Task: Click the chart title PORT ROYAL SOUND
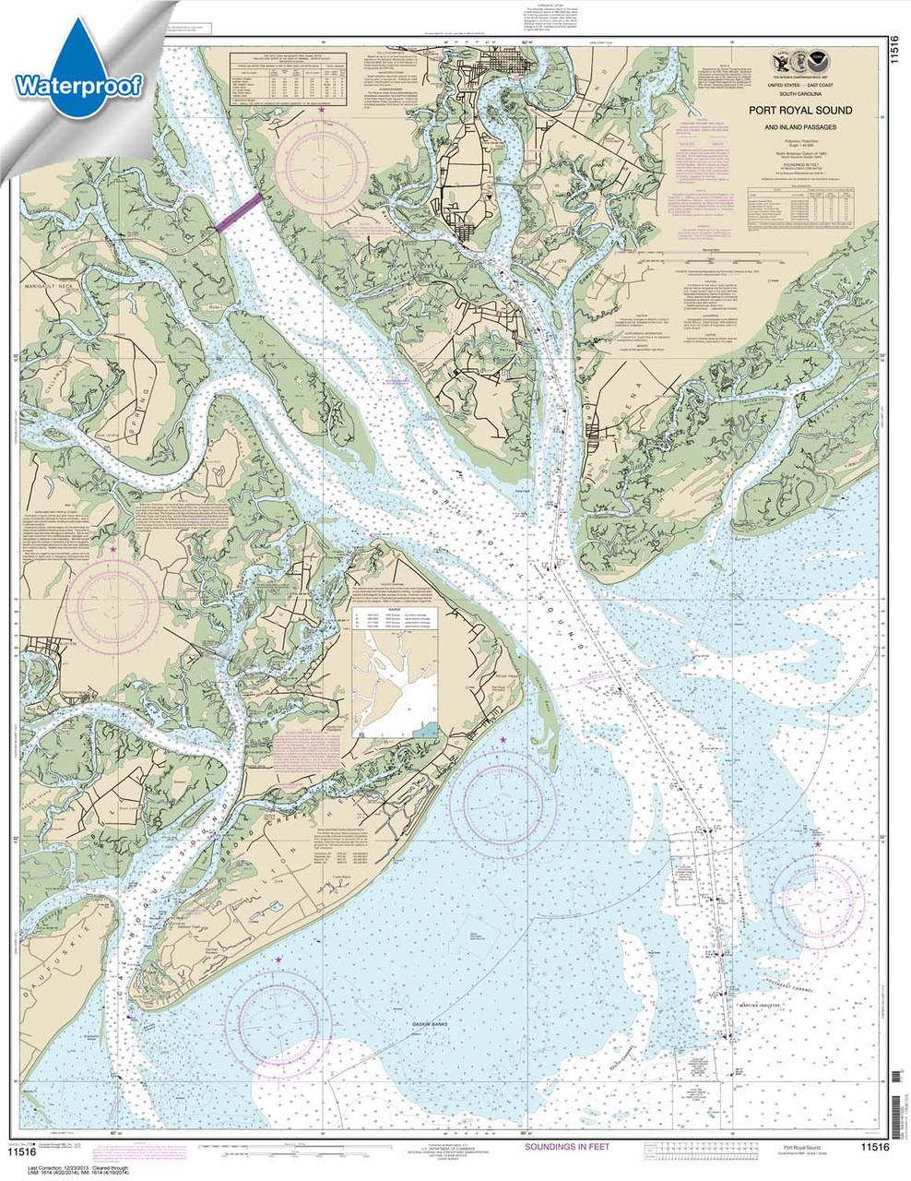[801, 111]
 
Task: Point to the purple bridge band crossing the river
[239, 213]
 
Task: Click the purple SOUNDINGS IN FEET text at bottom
[567, 1147]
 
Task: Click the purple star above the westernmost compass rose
[113, 549]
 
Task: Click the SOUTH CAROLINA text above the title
[801, 94]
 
